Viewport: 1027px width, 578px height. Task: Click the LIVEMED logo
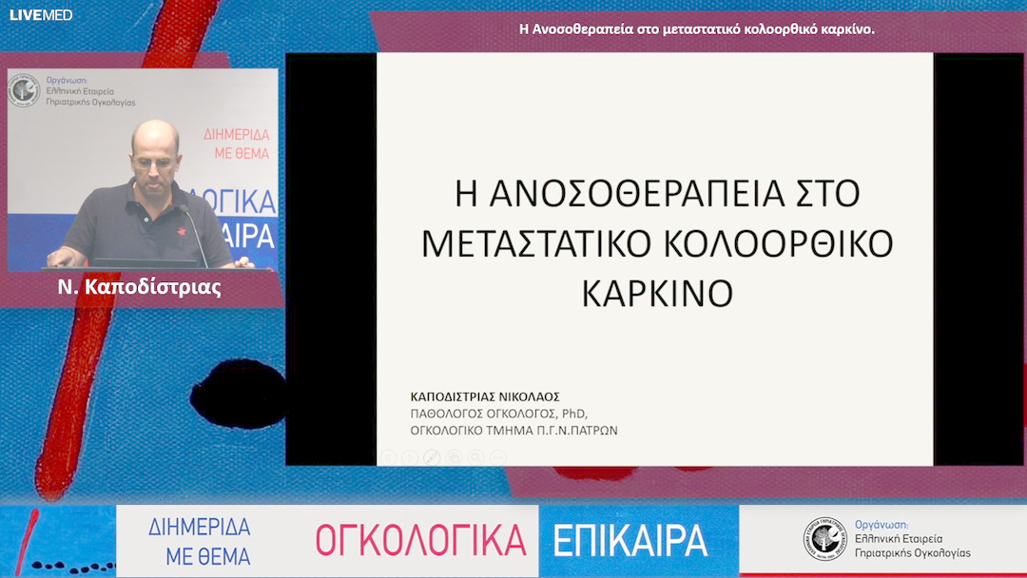point(40,15)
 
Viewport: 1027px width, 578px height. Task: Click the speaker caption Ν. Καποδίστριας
point(140,287)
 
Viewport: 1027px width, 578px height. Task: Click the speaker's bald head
point(154,138)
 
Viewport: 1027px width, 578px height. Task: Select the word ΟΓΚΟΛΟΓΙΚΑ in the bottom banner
point(420,540)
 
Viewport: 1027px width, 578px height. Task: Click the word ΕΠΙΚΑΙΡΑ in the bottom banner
point(630,540)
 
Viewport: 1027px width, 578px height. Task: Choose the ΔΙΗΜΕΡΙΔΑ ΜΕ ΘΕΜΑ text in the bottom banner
point(200,540)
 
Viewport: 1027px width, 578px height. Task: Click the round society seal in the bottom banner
point(824,538)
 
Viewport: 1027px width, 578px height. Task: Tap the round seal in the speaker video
point(25,90)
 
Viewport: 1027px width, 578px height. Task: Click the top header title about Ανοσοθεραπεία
point(697,29)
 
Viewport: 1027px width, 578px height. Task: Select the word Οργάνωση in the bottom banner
point(882,524)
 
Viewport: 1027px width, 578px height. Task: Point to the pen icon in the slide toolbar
point(431,457)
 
